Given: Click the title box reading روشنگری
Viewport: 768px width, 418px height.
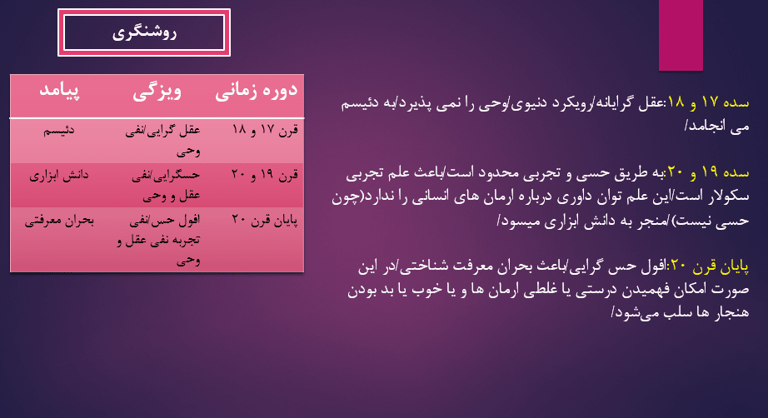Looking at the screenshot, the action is tap(144, 32).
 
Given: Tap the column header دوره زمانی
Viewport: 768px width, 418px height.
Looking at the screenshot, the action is tap(257, 91).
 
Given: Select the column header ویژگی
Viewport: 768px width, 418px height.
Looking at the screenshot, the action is tap(157, 92).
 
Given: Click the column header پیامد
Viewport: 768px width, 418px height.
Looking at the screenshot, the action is tap(59, 91).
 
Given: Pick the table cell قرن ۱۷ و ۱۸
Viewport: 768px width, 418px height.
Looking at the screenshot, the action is tap(265, 130).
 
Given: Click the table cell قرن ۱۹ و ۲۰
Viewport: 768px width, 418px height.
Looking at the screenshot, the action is tap(265, 174).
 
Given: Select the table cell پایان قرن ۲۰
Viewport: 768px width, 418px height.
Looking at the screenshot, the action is tap(265, 221).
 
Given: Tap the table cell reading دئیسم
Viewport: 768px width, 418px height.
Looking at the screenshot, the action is tap(59, 130).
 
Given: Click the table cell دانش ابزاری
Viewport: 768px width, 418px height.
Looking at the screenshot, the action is tap(59, 175).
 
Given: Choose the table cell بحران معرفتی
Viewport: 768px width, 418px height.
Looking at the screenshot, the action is tap(59, 221).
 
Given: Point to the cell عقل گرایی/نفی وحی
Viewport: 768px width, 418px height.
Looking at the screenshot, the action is tap(162, 141).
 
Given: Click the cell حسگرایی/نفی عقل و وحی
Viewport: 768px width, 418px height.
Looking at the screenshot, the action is tap(166, 185).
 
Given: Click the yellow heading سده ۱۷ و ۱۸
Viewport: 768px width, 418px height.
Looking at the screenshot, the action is tap(708, 102).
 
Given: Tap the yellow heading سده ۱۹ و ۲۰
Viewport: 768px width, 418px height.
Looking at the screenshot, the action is tap(708, 172).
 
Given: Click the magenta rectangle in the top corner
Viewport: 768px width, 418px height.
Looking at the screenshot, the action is tap(681, 35).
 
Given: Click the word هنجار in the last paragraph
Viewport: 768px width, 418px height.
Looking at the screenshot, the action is tap(730, 311).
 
